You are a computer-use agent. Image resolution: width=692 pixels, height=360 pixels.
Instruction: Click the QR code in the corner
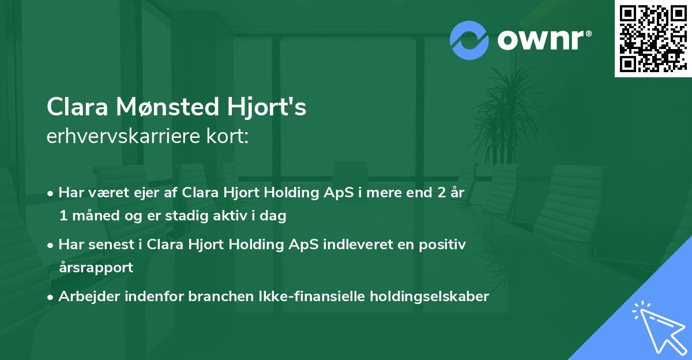652,38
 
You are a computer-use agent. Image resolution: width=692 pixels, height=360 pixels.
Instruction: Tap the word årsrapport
96,268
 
